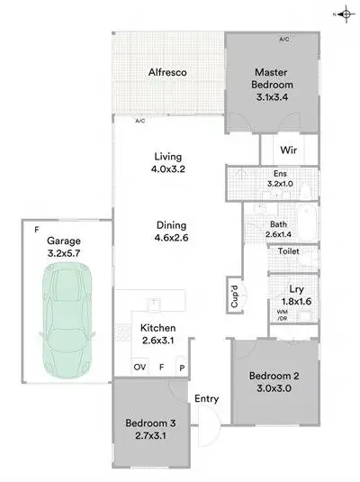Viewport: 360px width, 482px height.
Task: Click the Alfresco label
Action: pos(166,72)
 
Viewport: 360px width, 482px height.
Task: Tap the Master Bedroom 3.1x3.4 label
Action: pos(275,85)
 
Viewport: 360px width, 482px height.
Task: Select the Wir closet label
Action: pos(289,149)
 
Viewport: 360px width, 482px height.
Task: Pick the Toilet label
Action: pos(288,252)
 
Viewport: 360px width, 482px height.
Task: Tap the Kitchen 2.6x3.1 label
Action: pos(157,333)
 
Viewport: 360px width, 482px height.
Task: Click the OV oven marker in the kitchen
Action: pos(139,368)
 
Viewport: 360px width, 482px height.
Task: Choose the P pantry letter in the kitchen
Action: pos(181,368)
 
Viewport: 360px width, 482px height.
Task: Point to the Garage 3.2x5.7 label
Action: pos(64,248)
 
